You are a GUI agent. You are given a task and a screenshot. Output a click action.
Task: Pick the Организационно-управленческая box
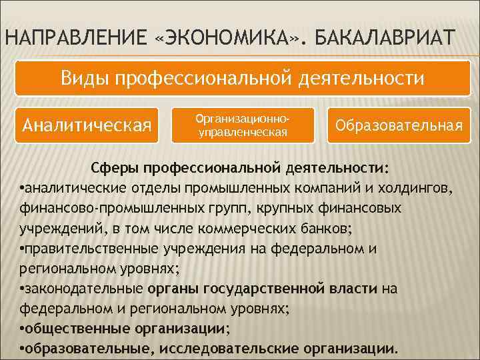point(243,125)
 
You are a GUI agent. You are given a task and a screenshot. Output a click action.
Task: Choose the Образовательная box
point(399,125)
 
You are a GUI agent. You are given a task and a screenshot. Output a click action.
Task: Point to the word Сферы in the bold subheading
point(115,165)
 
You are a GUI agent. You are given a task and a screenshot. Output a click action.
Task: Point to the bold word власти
point(355,288)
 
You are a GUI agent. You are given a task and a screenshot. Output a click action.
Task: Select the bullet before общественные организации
point(23,329)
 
